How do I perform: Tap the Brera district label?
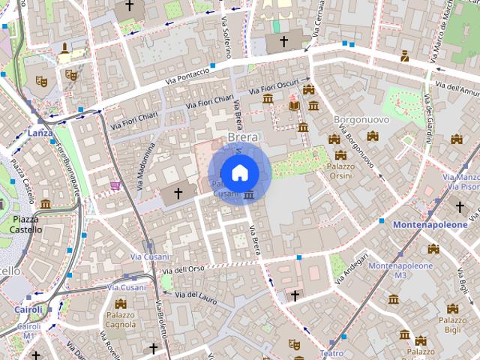(242, 137)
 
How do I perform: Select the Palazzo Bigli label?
(451, 323)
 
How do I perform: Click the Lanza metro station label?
(39, 133)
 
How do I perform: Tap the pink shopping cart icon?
(115, 185)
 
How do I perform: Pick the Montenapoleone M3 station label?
(400, 271)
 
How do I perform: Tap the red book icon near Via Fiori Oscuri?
(293, 106)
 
